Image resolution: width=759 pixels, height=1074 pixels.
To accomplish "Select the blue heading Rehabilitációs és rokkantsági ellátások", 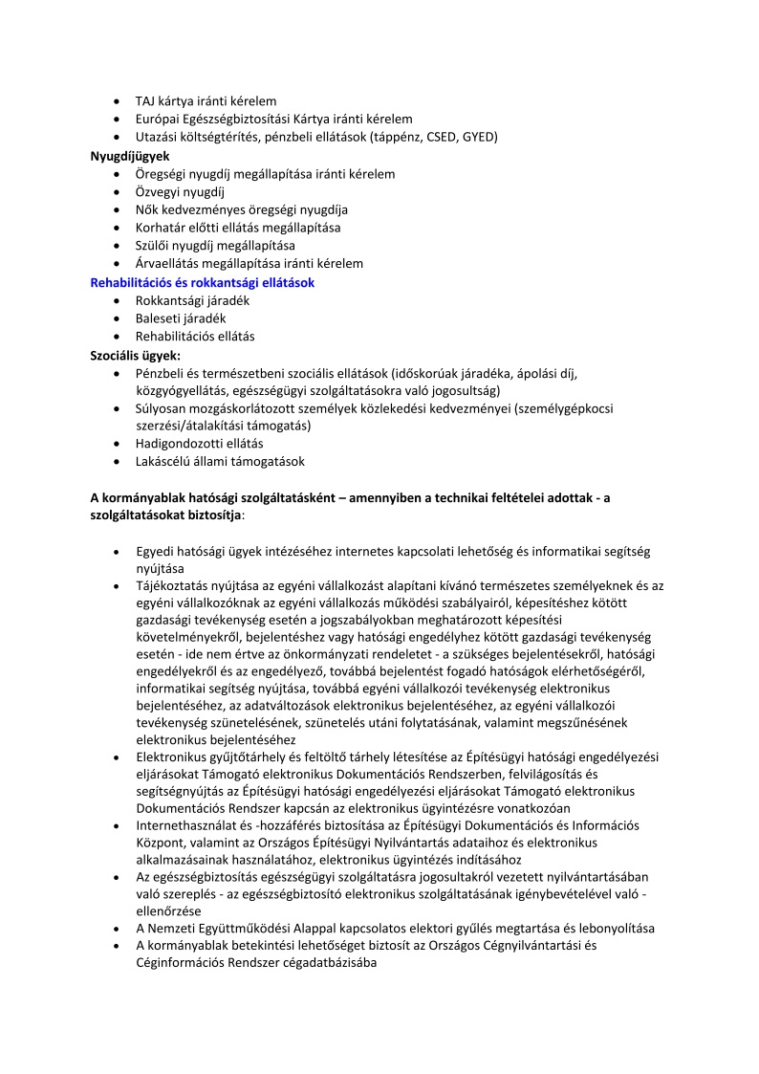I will pyautogui.click(x=202, y=282).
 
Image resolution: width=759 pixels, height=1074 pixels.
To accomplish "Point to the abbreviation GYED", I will pyautogui.click(x=477, y=137).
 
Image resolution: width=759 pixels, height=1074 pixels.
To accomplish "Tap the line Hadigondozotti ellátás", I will pyautogui.click(x=200, y=444).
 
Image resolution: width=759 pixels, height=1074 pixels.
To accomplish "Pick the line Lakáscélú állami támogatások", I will pyautogui.click(x=220, y=462).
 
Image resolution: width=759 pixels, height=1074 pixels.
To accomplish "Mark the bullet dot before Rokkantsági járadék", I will pyautogui.click(x=117, y=301).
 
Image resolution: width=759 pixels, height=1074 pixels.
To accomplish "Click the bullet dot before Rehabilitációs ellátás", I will pyautogui.click(x=117, y=338).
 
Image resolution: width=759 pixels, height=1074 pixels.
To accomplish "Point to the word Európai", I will pyautogui.click(x=160, y=119).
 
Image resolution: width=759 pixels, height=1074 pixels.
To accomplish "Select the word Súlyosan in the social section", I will pyautogui.click(x=163, y=408).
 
